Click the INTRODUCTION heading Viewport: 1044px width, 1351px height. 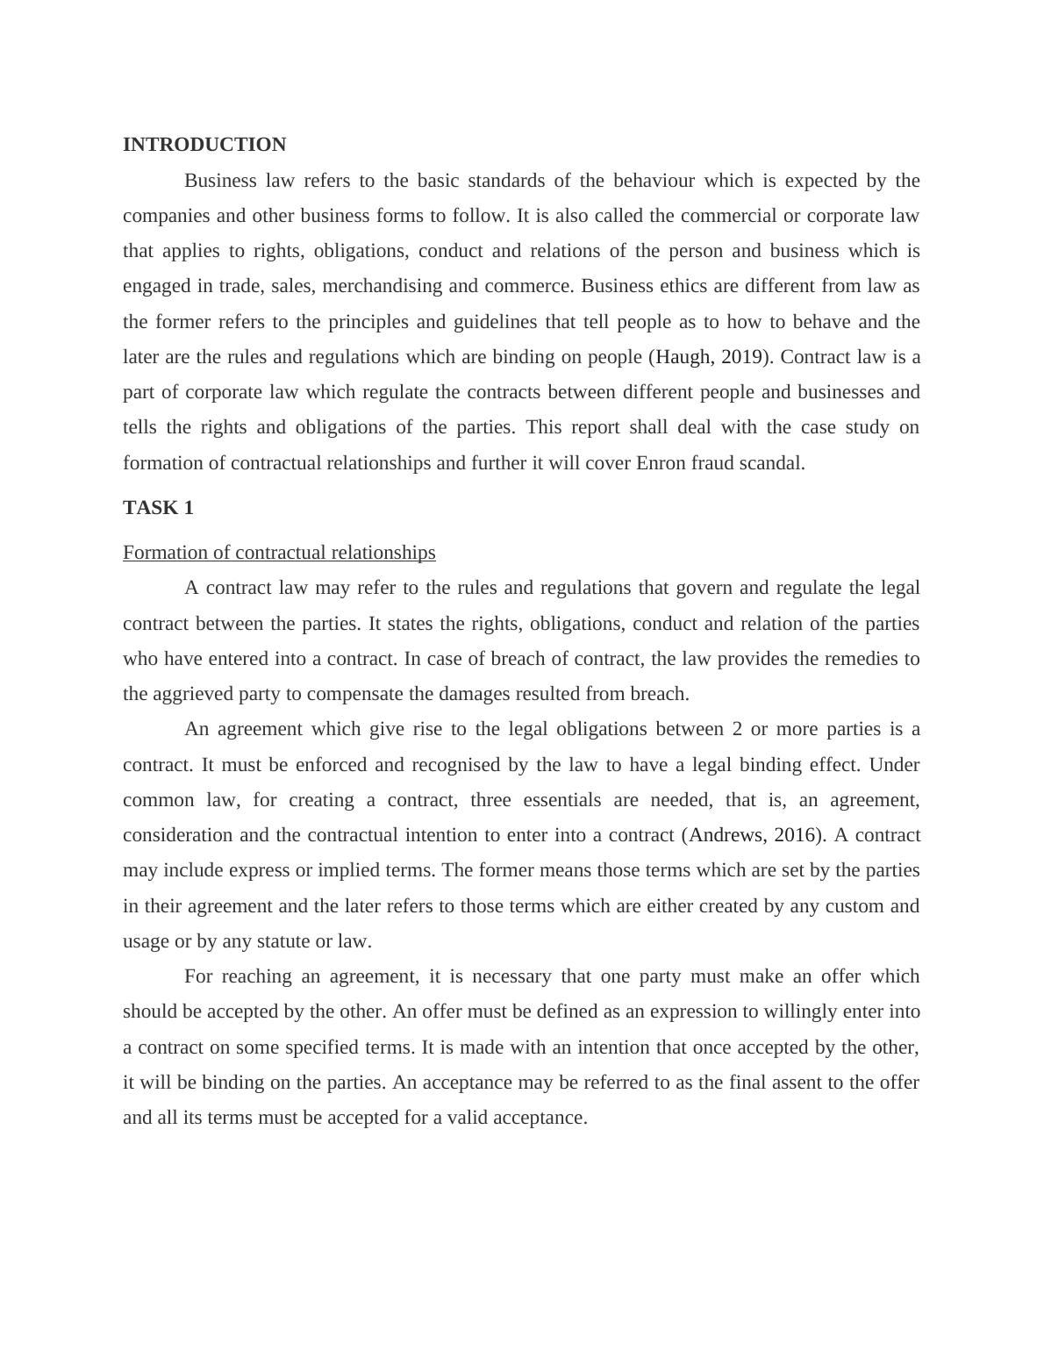(204, 145)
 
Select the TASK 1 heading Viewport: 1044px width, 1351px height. (158, 508)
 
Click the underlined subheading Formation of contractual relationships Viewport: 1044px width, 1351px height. (279, 553)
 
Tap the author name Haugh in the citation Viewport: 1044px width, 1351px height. (682, 357)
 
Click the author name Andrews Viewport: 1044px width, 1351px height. (726, 835)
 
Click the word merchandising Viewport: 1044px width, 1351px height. (378, 286)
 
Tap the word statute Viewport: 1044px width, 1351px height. (284, 941)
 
